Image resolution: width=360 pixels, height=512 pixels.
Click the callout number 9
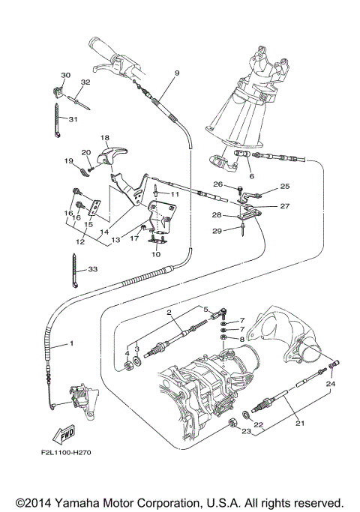pyautogui.click(x=177, y=73)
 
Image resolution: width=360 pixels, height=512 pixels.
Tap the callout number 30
pyautogui.click(x=65, y=76)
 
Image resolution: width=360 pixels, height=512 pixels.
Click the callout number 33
pyautogui.click(x=93, y=269)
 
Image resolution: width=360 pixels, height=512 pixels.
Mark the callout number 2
pyautogui.click(x=170, y=313)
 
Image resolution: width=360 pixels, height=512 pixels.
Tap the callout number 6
pyautogui.click(x=251, y=176)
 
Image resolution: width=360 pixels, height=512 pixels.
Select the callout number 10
pyautogui.click(x=157, y=254)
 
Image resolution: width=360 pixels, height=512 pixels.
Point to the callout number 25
pyautogui.click(x=284, y=186)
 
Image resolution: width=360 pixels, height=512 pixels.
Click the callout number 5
pyautogui.click(x=205, y=308)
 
